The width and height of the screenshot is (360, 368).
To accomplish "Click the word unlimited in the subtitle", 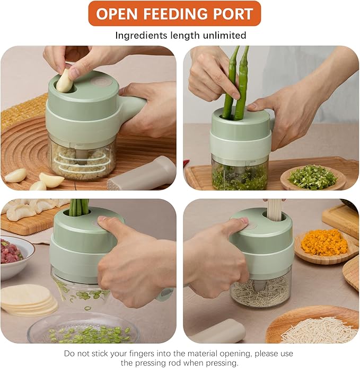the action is pyautogui.click(x=224, y=35).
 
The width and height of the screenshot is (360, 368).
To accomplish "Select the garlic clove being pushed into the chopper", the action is pyautogui.click(x=65, y=80).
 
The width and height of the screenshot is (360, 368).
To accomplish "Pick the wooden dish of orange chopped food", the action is pyautogui.click(x=326, y=246).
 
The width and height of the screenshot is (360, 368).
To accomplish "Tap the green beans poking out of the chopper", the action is pyautogui.click(x=79, y=207).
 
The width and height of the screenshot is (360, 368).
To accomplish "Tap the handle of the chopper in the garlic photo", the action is pyautogui.click(x=131, y=104).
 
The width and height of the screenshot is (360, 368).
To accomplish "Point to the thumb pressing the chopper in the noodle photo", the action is pyautogui.click(x=238, y=223).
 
